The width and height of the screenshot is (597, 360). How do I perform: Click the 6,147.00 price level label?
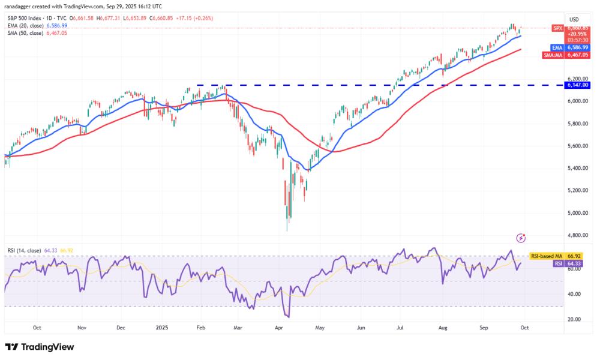[579, 85]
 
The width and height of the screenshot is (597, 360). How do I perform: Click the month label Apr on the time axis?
[279, 328]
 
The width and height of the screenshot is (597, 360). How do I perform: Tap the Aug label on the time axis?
[442, 328]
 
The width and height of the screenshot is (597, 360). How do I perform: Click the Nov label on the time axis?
[82, 328]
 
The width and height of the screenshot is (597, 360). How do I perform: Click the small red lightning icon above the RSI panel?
[521, 238]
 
